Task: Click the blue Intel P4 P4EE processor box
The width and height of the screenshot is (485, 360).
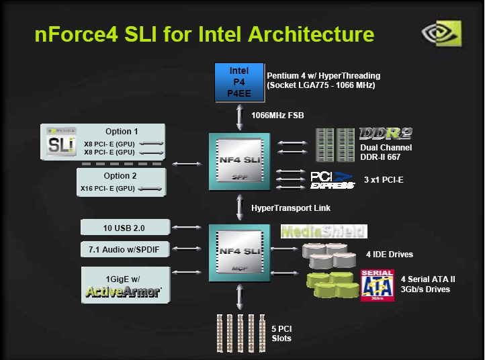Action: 239,81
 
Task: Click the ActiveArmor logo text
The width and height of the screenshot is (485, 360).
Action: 123,291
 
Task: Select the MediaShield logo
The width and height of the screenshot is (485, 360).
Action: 324,232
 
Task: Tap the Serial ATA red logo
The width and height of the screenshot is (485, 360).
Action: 377,285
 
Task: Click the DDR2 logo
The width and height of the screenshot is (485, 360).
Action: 385,133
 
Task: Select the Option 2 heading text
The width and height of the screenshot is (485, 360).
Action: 122,176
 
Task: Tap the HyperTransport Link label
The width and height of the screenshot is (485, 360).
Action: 291,208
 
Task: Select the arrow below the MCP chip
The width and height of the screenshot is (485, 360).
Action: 240,297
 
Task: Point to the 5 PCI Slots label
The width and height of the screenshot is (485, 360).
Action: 282,333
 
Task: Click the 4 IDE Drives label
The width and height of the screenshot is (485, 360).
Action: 390,255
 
